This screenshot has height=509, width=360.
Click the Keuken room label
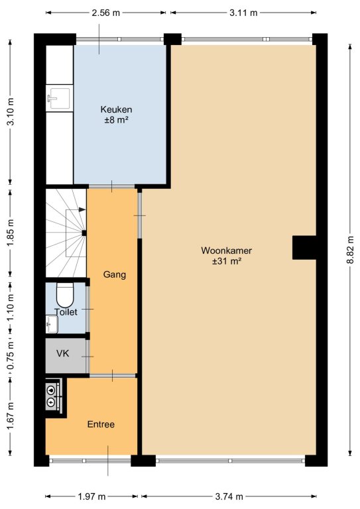pos(116,109)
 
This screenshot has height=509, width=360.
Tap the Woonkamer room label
pos(226,251)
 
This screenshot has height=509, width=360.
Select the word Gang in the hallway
pos(114,274)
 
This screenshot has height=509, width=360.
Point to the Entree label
pos(101,424)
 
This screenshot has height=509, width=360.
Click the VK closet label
pos(62,353)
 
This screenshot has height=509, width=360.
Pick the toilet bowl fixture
pos(65,294)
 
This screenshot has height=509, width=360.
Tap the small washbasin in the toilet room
pos(52,324)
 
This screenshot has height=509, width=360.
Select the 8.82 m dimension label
pos(351,250)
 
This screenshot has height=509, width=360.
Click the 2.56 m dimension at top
pos(106,13)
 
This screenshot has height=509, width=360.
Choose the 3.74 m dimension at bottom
pos(229,496)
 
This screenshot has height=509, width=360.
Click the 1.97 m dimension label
pos(92,496)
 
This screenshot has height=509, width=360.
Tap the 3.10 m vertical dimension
pos(11,111)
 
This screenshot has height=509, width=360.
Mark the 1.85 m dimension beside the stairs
pos(11,233)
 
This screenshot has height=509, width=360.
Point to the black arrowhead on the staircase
pos(82,209)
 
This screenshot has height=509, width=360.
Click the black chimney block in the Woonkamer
pos(304,248)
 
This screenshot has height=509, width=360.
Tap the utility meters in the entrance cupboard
pos(52,396)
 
